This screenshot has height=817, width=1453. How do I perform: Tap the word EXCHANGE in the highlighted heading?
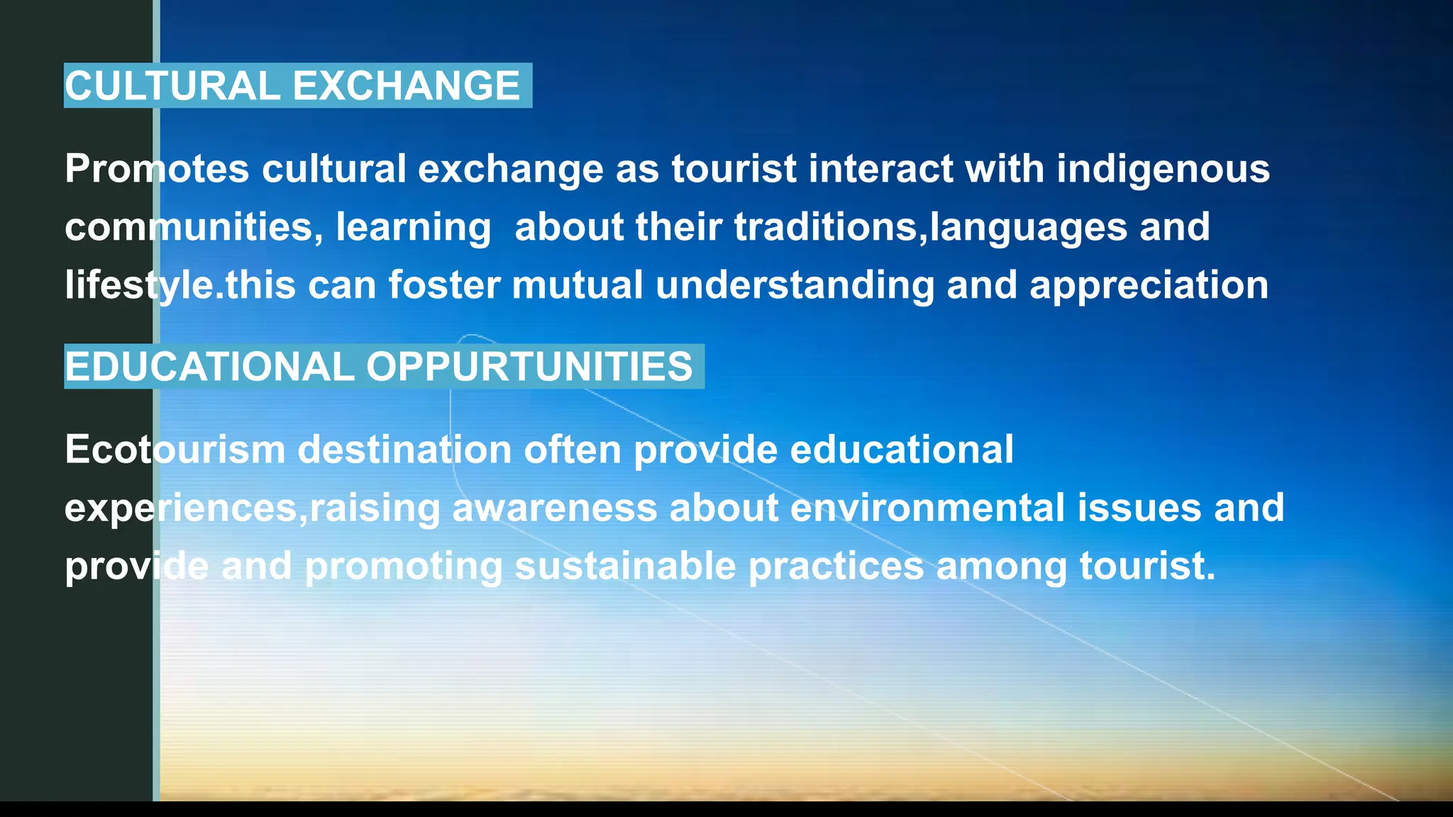point(407,86)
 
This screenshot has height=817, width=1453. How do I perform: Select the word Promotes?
point(157,169)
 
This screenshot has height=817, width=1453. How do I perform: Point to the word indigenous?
point(1163,169)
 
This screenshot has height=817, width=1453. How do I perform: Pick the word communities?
point(189,227)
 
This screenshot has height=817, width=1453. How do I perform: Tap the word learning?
point(413,227)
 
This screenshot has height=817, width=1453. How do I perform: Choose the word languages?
point(1028,227)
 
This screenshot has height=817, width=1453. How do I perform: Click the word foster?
point(444,285)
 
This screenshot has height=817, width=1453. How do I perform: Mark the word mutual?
point(577,285)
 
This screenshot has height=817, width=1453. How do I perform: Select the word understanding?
point(795,285)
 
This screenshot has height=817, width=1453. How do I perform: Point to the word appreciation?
point(1149,285)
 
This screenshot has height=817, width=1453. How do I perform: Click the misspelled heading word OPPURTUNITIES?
point(529,367)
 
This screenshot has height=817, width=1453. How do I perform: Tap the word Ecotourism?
point(175,450)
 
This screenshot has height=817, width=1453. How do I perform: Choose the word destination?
point(404,450)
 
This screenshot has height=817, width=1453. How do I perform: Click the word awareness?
point(555,508)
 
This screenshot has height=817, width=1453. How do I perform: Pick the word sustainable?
point(625,566)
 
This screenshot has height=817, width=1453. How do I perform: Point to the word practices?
point(836,566)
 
